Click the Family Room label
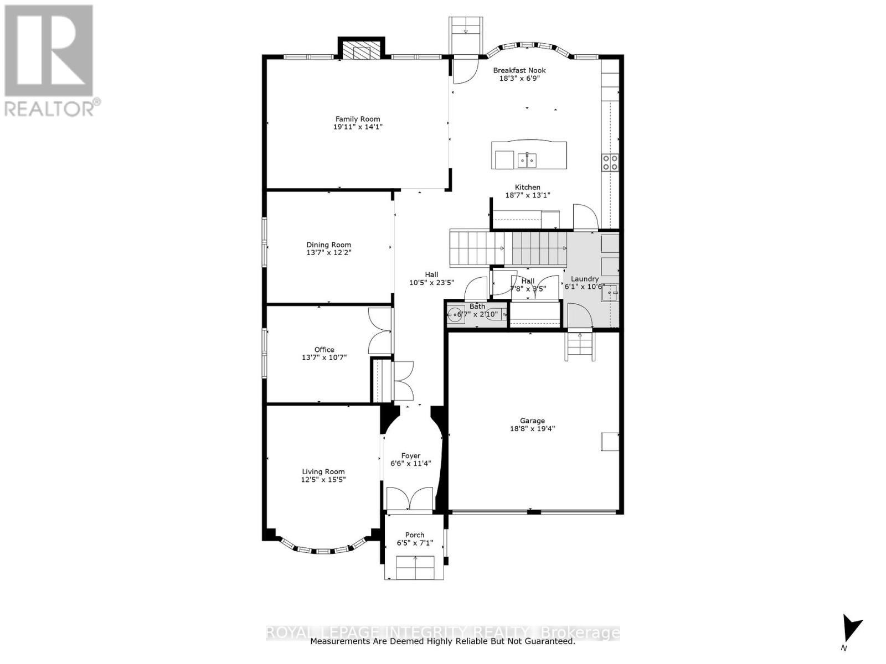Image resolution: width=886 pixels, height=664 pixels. click(358, 119)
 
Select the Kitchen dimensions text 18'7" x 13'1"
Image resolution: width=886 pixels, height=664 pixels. click(527, 195)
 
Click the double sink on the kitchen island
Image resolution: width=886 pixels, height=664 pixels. click(527, 160)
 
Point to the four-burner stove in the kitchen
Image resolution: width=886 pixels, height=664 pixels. click(610, 162)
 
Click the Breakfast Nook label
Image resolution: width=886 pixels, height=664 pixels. click(519, 70)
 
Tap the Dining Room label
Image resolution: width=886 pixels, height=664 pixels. click(329, 245)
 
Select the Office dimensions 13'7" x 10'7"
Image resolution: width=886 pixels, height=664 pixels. click(324, 357)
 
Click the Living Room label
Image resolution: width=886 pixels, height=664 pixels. click(323, 472)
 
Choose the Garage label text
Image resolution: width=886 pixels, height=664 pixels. click(532, 421)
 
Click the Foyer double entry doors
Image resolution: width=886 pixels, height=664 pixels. click(409, 499)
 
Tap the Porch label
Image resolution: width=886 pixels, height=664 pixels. click(415, 535)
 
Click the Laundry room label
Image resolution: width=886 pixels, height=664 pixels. click(585, 279)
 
